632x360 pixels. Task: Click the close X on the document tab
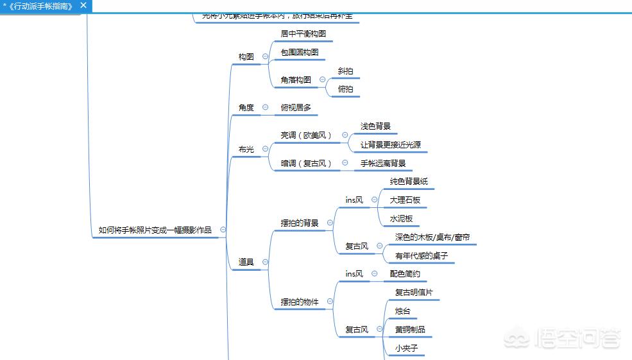click(x=83, y=5)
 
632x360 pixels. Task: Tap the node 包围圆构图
click(x=299, y=52)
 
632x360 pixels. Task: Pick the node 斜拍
click(x=345, y=71)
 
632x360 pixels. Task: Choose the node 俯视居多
click(x=296, y=108)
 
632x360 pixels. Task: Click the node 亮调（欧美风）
click(x=307, y=135)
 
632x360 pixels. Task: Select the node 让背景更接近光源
click(x=390, y=145)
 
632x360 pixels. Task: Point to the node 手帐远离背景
click(x=383, y=164)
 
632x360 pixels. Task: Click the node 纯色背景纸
click(x=409, y=182)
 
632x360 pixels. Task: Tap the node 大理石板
click(x=405, y=200)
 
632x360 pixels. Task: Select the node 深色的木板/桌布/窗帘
click(x=432, y=237)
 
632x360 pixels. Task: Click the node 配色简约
click(x=405, y=274)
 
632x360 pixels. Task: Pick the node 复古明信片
click(x=414, y=293)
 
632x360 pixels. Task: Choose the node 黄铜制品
click(x=410, y=330)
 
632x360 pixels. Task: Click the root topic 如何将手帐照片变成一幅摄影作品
click(x=155, y=230)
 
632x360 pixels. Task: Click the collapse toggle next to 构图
click(x=266, y=56)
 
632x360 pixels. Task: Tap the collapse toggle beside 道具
click(x=265, y=262)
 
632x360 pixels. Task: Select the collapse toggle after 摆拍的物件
click(x=330, y=302)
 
